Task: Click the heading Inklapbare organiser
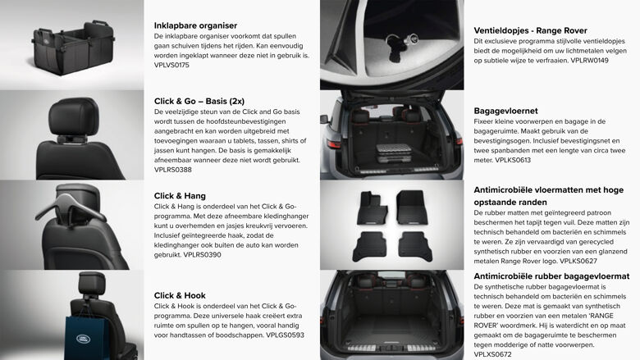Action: click(196, 25)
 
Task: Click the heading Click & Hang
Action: click(181, 195)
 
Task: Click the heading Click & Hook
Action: click(180, 295)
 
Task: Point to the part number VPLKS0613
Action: click(514, 161)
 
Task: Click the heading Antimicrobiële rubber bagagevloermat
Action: click(551, 276)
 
